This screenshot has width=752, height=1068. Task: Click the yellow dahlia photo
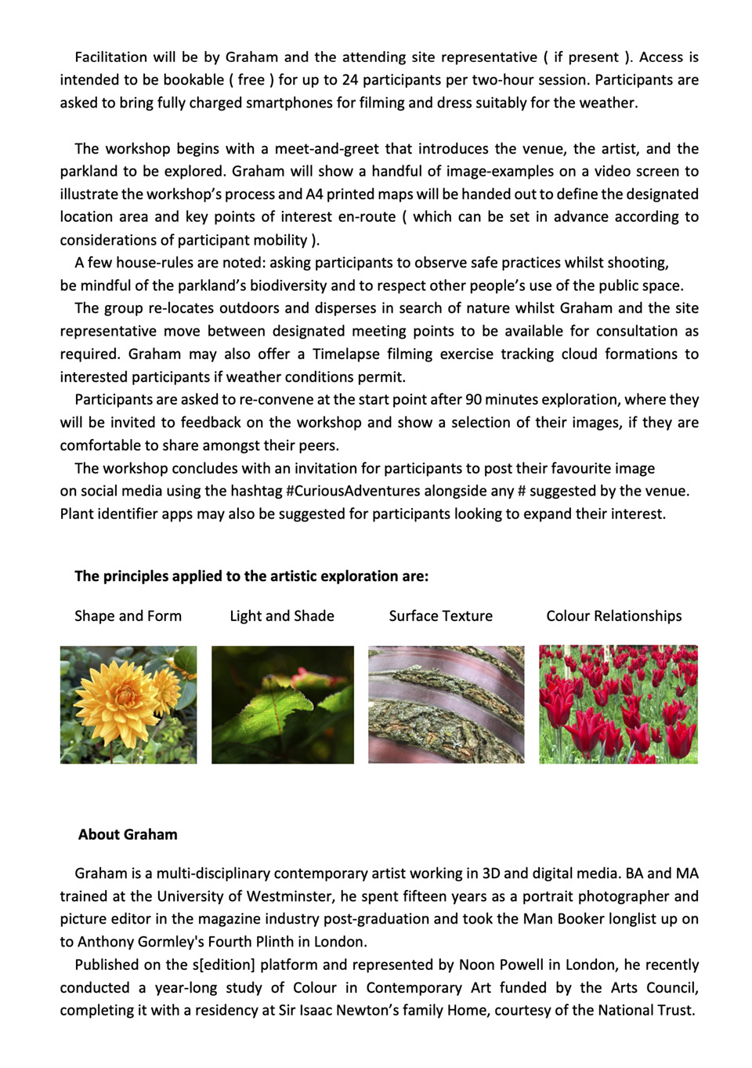pos(128,704)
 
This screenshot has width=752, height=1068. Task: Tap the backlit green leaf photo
pos(282,704)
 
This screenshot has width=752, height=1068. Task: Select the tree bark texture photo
pos(446,704)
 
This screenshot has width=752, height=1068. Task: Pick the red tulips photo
pos(618,704)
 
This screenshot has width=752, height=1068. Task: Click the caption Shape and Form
pos(128,616)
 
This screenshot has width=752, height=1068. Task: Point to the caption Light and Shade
pos(282,616)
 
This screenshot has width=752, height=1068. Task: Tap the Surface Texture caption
pos(441,616)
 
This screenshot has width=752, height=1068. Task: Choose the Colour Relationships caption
pos(614,616)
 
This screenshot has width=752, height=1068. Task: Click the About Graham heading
pos(128,834)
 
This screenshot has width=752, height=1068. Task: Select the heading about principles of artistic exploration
pos(251,576)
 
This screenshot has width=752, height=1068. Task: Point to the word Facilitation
pos(110,56)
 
